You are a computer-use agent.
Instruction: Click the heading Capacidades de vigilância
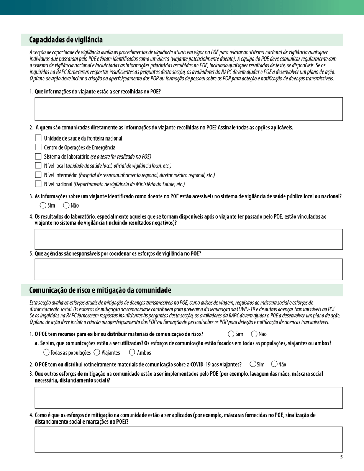click(x=66, y=40)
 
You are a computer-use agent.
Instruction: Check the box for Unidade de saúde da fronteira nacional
click(x=38, y=138)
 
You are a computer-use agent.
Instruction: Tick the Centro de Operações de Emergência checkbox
click(x=38, y=147)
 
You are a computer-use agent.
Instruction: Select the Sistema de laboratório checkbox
click(x=38, y=156)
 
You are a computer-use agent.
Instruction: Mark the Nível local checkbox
click(x=38, y=165)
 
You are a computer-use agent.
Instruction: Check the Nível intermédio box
click(x=38, y=175)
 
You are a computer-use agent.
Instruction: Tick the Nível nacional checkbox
click(x=38, y=184)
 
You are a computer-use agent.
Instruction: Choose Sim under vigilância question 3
click(x=43, y=205)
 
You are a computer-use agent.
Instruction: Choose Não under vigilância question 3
click(x=66, y=205)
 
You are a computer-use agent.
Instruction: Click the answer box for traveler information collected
click(x=189, y=109)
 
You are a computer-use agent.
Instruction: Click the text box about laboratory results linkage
click(x=189, y=239)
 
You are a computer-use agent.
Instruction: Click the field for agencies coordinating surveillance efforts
click(x=189, y=269)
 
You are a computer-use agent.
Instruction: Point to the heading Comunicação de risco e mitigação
click(x=100, y=290)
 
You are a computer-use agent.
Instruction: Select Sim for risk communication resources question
click(x=231, y=334)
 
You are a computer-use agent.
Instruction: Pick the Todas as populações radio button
click(x=46, y=352)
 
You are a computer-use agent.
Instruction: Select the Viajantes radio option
click(x=97, y=352)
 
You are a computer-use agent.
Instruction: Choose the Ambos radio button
click(x=133, y=352)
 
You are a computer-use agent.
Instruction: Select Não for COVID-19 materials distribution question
click(x=274, y=364)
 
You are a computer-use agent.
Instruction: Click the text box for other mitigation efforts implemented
click(x=189, y=397)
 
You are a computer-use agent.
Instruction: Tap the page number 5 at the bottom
click(x=341, y=457)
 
